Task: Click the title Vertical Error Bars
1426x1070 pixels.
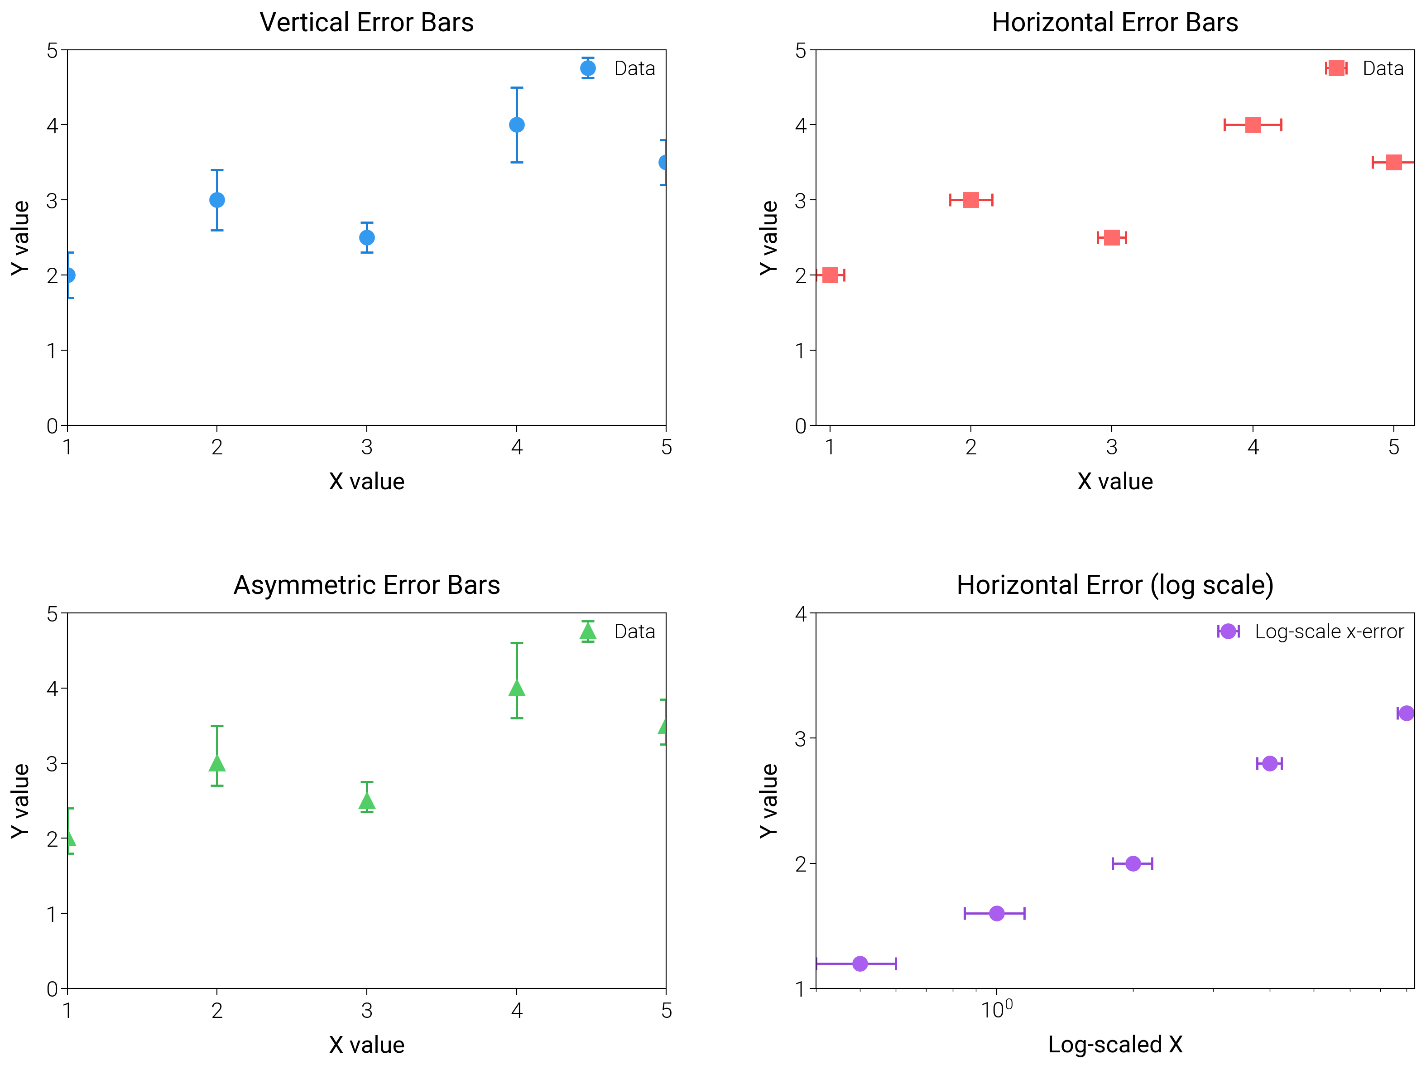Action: (x=366, y=23)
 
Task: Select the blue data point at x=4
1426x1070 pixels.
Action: (x=516, y=125)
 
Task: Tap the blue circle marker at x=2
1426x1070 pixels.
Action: (x=217, y=200)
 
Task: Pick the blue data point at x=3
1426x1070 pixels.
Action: (x=367, y=237)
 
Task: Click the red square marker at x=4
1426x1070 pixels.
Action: (x=1253, y=125)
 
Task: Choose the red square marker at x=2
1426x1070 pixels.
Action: (x=971, y=200)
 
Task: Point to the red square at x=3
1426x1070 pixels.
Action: (x=1111, y=237)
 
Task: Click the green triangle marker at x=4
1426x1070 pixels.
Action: (x=516, y=689)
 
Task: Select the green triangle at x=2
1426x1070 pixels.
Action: (x=217, y=764)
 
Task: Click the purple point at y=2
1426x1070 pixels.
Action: (x=1133, y=863)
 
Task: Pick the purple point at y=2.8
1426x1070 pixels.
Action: (x=1269, y=763)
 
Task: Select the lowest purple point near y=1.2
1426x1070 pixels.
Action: (x=859, y=964)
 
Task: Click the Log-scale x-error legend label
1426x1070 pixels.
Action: (x=1329, y=631)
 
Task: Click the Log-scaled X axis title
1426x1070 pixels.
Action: (x=1114, y=1044)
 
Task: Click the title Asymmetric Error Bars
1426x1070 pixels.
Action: (x=366, y=585)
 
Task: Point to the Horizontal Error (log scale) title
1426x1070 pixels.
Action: (x=1114, y=585)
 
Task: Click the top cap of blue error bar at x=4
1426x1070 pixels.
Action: (x=516, y=88)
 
